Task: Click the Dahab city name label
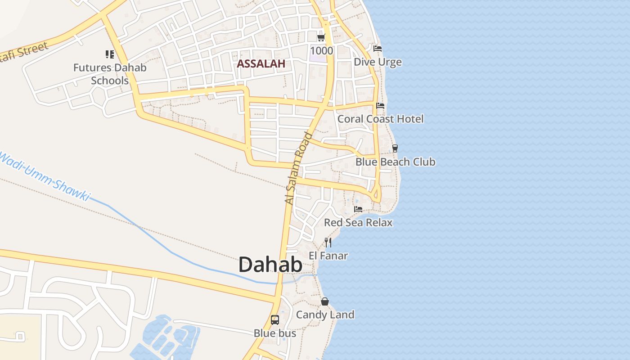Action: click(270, 265)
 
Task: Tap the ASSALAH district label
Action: click(261, 63)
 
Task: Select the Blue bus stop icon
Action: click(275, 320)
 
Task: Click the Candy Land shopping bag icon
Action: click(325, 301)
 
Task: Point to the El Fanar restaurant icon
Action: click(328, 243)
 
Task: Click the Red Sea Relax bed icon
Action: click(358, 209)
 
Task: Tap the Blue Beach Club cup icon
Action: click(395, 148)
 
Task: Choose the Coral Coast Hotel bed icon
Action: click(380, 106)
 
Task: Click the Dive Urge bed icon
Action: click(378, 49)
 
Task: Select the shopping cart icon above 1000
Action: click(321, 37)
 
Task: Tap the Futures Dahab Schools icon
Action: click(110, 54)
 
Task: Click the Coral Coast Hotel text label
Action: click(381, 119)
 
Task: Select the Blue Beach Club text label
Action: click(396, 162)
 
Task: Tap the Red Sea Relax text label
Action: click(358, 222)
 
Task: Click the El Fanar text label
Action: click(328, 256)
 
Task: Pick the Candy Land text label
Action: click(325, 315)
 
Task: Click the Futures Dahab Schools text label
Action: click(110, 74)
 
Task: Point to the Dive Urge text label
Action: click(378, 62)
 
